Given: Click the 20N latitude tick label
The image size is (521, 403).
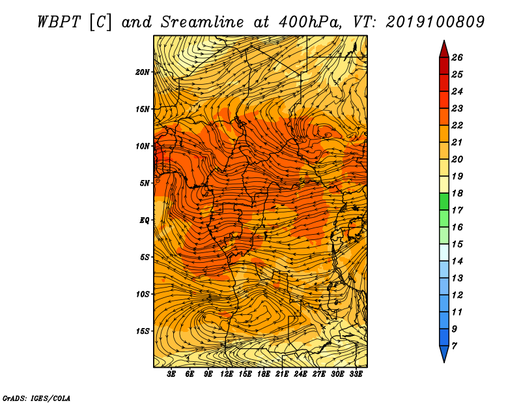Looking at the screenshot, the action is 142,72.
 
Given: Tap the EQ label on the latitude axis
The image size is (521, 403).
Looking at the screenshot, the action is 144,220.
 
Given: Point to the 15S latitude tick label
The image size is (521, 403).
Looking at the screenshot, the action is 142,331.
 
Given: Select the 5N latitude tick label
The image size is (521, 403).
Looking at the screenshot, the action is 144,183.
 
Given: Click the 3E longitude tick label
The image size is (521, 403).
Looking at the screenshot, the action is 171,374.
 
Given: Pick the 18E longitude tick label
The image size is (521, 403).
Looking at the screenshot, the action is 264,374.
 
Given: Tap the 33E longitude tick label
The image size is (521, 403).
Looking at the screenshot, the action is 356,374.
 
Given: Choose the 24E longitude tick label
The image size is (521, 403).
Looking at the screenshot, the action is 300,374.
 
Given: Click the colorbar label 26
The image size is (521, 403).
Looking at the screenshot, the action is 457,57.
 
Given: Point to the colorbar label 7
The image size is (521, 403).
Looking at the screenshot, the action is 454,346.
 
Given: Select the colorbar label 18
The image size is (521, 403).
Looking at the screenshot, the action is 457,193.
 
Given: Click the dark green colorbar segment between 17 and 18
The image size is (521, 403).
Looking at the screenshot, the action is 444,201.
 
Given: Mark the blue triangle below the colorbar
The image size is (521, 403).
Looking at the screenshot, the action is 444,353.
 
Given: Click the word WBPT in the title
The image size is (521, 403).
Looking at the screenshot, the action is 59,22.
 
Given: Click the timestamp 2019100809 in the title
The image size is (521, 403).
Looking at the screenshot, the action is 435,22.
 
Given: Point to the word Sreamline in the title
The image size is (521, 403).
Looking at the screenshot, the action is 203,22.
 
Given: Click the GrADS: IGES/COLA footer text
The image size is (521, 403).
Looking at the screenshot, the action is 36,398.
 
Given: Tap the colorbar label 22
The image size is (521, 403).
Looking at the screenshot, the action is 457,125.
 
